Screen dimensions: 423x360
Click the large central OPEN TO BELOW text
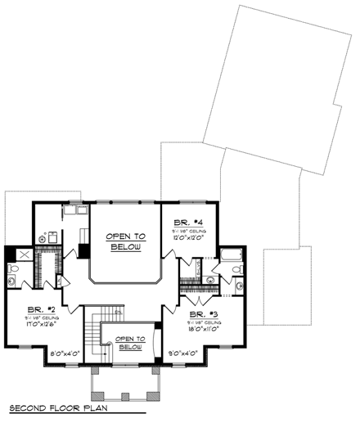124,241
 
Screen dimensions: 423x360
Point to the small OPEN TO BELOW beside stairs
130,343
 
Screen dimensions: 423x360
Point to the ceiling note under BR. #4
188,231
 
